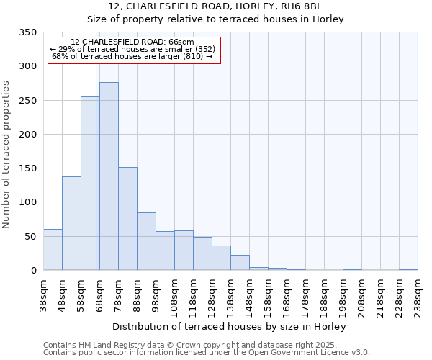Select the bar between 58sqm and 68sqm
point(90,184)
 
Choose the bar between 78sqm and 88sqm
point(127,219)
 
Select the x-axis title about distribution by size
point(230,327)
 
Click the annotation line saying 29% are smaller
point(132,49)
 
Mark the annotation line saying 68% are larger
point(132,56)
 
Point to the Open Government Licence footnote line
point(207,353)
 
